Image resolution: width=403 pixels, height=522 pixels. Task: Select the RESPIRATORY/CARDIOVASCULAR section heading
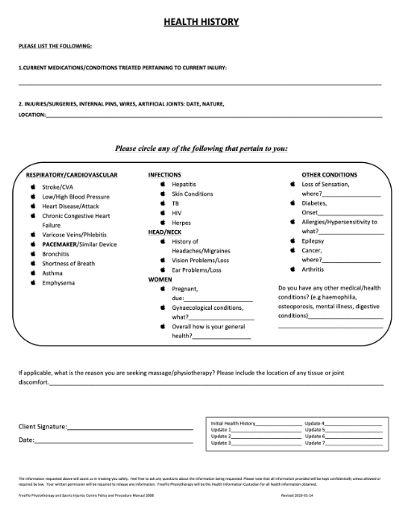tap(73, 174)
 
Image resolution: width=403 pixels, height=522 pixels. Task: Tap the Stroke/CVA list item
tap(57, 186)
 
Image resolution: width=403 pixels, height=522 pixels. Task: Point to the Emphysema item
tap(60, 282)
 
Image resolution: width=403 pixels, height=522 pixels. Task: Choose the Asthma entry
tap(52, 273)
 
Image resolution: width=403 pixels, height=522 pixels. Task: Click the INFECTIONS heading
tap(164, 174)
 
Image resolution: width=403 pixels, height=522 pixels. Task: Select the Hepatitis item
tap(185, 184)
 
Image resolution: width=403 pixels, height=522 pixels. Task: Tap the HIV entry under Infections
tap(177, 212)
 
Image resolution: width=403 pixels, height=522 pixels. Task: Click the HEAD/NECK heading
tap(165, 232)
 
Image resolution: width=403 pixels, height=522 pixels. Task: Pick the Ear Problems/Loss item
tap(197, 269)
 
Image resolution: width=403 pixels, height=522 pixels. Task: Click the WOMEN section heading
tap(160, 278)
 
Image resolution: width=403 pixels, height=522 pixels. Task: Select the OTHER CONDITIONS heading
tap(329, 174)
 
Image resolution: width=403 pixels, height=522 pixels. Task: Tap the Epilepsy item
tap(313, 240)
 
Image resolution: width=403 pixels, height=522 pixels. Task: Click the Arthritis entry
tap(314, 269)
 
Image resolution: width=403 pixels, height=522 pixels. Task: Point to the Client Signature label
tap(43, 426)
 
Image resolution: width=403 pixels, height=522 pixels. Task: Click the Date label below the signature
tap(26, 440)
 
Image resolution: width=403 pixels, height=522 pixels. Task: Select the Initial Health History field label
tap(233, 423)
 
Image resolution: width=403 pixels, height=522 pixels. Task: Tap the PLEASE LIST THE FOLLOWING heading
tap(55, 46)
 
